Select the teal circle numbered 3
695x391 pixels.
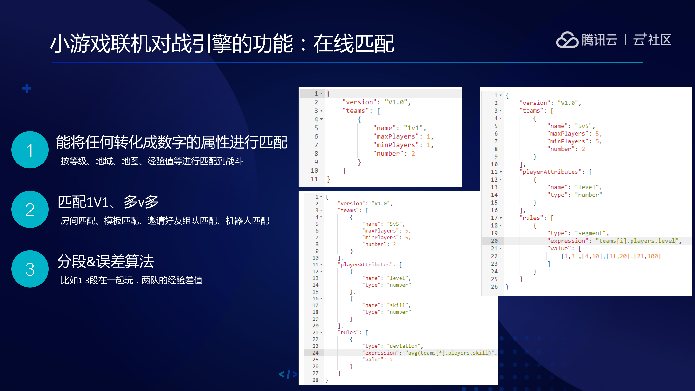click(x=30, y=269)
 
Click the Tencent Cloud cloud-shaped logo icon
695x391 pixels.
click(x=567, y=40)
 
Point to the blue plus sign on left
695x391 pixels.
click(x=27, y=88)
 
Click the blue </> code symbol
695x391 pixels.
click(x=288, y=374)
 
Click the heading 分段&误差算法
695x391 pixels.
click(x=105, y=261)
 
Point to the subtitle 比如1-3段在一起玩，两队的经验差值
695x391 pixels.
click(x=131, y=280)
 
